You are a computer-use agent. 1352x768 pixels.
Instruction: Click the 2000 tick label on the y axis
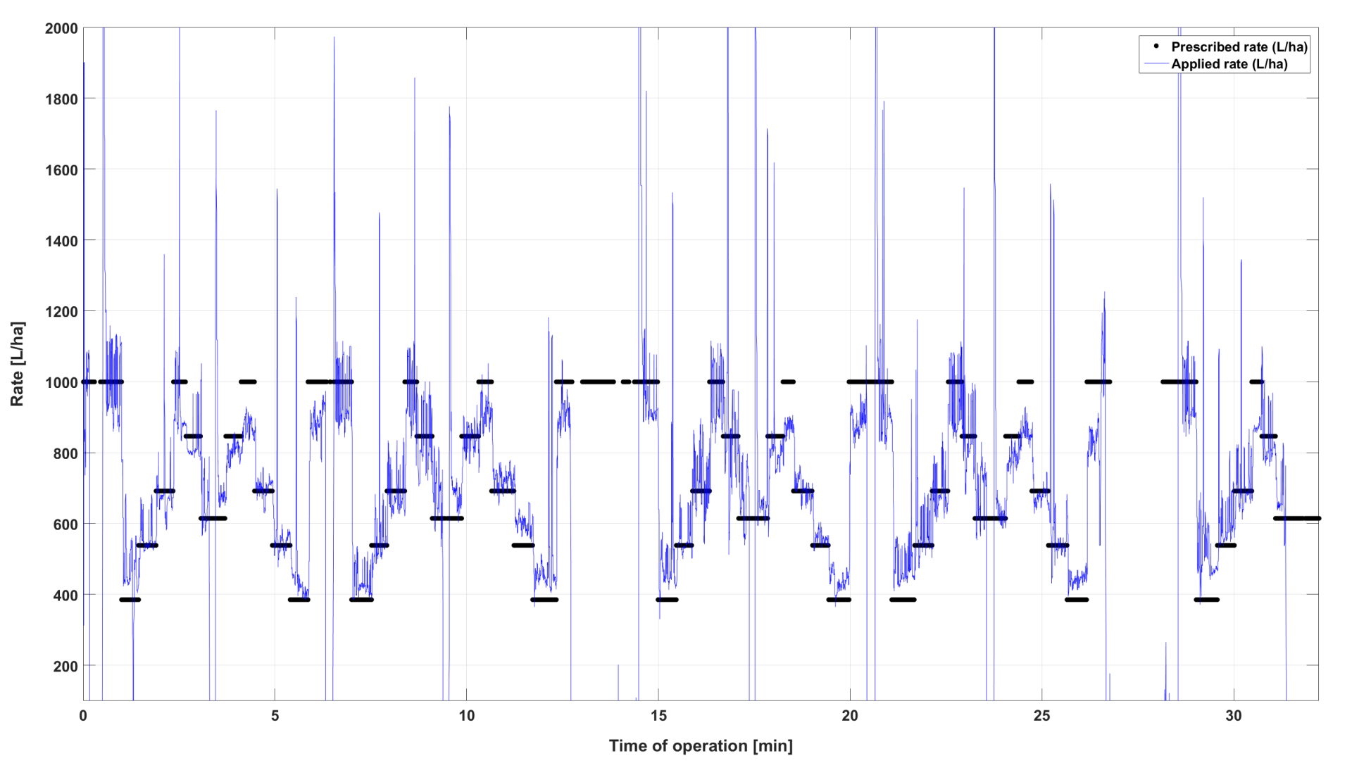[x=61, y=29]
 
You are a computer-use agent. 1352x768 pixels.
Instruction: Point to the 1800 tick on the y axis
[x=61, y=99]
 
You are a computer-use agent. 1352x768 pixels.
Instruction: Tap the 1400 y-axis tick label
[x=61, y=241]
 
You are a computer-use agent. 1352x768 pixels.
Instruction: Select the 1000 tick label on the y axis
[x=61, y=382]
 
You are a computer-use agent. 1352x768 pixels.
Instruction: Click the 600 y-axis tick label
[x=65, y=524]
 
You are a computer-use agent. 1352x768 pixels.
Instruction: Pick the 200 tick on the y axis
[x=65, y=666]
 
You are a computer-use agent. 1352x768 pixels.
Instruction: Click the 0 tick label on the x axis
[x=83, y=716]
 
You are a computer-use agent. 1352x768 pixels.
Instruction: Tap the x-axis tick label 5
[x=275, y=716]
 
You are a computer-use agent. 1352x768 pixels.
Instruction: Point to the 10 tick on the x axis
[x=467, y=716]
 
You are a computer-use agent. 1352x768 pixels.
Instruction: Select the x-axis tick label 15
[x=658, y=716]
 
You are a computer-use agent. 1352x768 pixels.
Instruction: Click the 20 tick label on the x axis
[x=850, y=716]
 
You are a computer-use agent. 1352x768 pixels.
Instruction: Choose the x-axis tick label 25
[x=1041, y=716]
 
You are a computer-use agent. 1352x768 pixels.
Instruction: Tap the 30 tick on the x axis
[x=1234, y=716]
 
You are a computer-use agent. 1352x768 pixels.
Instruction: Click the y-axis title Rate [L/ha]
[x=18, y=364]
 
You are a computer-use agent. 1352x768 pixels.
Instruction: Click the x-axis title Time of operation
[x=701, y=746]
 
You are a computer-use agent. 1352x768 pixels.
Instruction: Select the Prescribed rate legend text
[x=1239, y=47]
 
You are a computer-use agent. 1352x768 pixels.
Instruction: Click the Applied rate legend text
[x=1229, y=64]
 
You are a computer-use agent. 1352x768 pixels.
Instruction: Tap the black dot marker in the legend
[x=1156, y=46]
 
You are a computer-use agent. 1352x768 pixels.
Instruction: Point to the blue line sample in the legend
[x=1156, y=64]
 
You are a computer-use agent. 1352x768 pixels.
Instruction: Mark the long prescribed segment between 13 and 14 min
[x=599, y=382]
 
